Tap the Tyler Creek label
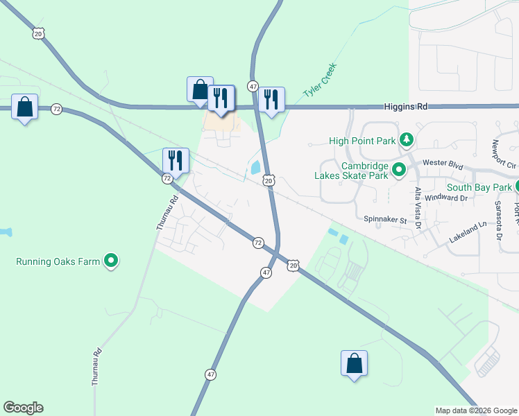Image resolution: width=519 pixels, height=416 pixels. point(320,82)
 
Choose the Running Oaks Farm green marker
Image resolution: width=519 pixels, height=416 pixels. point(111,261)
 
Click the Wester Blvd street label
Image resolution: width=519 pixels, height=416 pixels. point(443,164)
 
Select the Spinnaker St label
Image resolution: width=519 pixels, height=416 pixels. point(385,219)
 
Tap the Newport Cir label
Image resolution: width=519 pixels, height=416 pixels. point(504,154)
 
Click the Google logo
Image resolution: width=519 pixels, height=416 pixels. point(23,408)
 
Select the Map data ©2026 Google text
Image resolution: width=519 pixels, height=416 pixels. point(476,410)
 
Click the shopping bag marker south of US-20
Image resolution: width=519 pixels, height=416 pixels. point(354,363)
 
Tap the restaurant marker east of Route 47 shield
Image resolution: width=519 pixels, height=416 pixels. point(271,99)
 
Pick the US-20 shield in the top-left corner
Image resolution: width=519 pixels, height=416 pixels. point(38,33)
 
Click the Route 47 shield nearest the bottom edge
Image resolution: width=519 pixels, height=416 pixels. point(210,374)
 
